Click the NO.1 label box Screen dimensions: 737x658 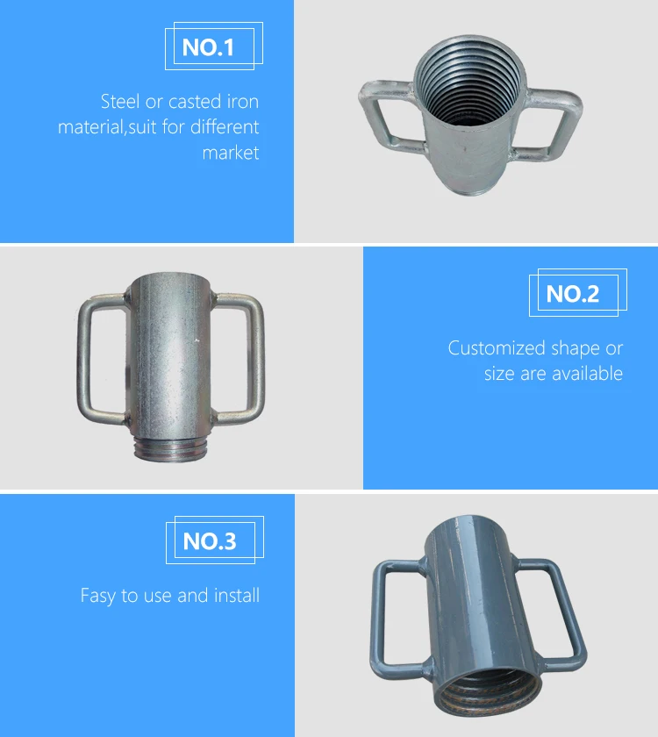tap(209, 47)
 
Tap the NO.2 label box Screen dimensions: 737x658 tap(573, 294)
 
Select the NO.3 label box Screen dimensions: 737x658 tap(210, 541)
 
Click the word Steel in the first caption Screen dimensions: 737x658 tap(120, 102)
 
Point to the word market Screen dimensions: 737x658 tap(231, 153)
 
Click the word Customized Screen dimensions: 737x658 tap(491, 348)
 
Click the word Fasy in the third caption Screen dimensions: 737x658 tap(98, 596)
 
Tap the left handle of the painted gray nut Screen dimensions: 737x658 tap(397, 623)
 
